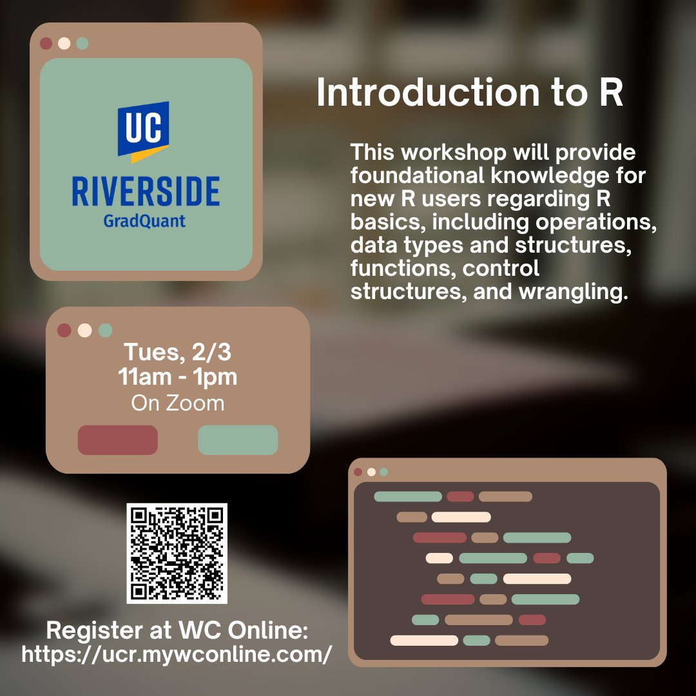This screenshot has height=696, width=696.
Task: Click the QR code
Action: [x=177, y=553]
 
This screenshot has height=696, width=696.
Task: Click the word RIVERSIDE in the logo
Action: [x=146, y=191]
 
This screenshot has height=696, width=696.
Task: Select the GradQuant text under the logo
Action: [x=144, y=221]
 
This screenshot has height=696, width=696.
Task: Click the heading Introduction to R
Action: [x=470, y=93]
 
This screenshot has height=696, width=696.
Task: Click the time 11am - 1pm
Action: [x=177, y=377]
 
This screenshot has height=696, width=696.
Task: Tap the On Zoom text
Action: [x=177, y=403]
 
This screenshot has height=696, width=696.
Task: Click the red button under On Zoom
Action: [x=118, y=440]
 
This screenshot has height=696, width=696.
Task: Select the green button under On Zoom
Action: [x=238, y=440]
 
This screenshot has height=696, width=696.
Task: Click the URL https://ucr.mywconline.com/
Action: [x=177, y=654]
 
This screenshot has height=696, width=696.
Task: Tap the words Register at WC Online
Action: [x=177, y=630]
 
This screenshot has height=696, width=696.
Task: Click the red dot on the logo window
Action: [x=46, y=44]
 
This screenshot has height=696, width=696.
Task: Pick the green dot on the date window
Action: [x=105, y=331]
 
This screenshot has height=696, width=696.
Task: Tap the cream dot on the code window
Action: [x=371, y=472]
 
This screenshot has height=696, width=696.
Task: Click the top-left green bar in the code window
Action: [x=408, y=496]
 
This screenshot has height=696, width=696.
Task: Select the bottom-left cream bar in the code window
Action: [x=424, y=640]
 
